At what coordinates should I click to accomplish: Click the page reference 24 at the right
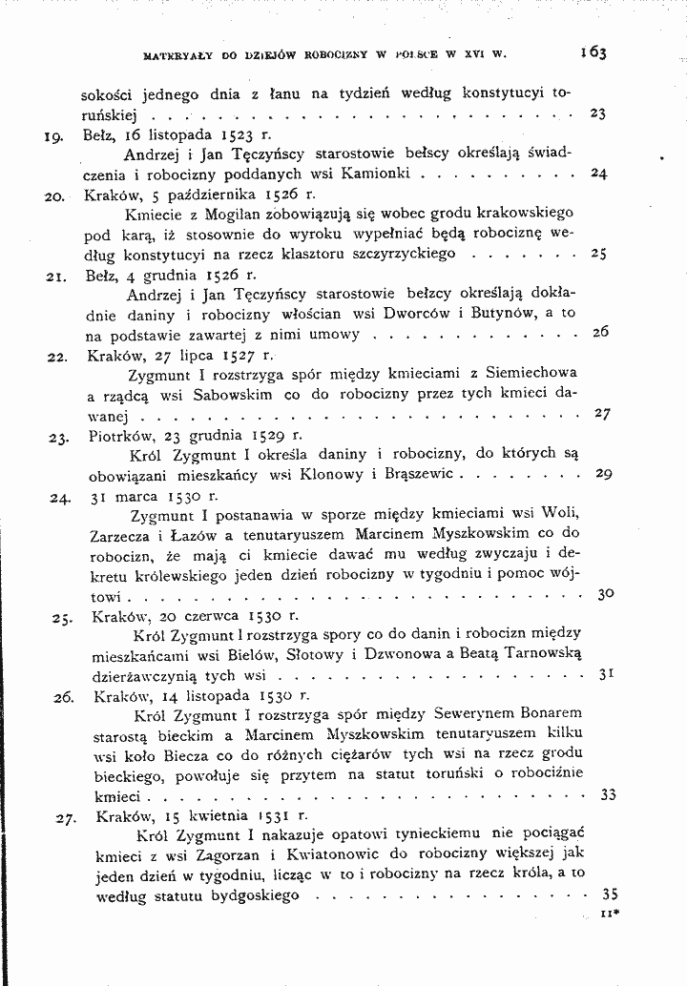pyautogui.click(x=599, y=175)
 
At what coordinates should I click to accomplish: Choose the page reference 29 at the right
pyautogui.click(x=603, y=474)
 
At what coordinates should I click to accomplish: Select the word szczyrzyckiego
pyautogui.click(x=407, y=255)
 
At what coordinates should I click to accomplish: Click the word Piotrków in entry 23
pyautogui.click(x=128, y=434)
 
